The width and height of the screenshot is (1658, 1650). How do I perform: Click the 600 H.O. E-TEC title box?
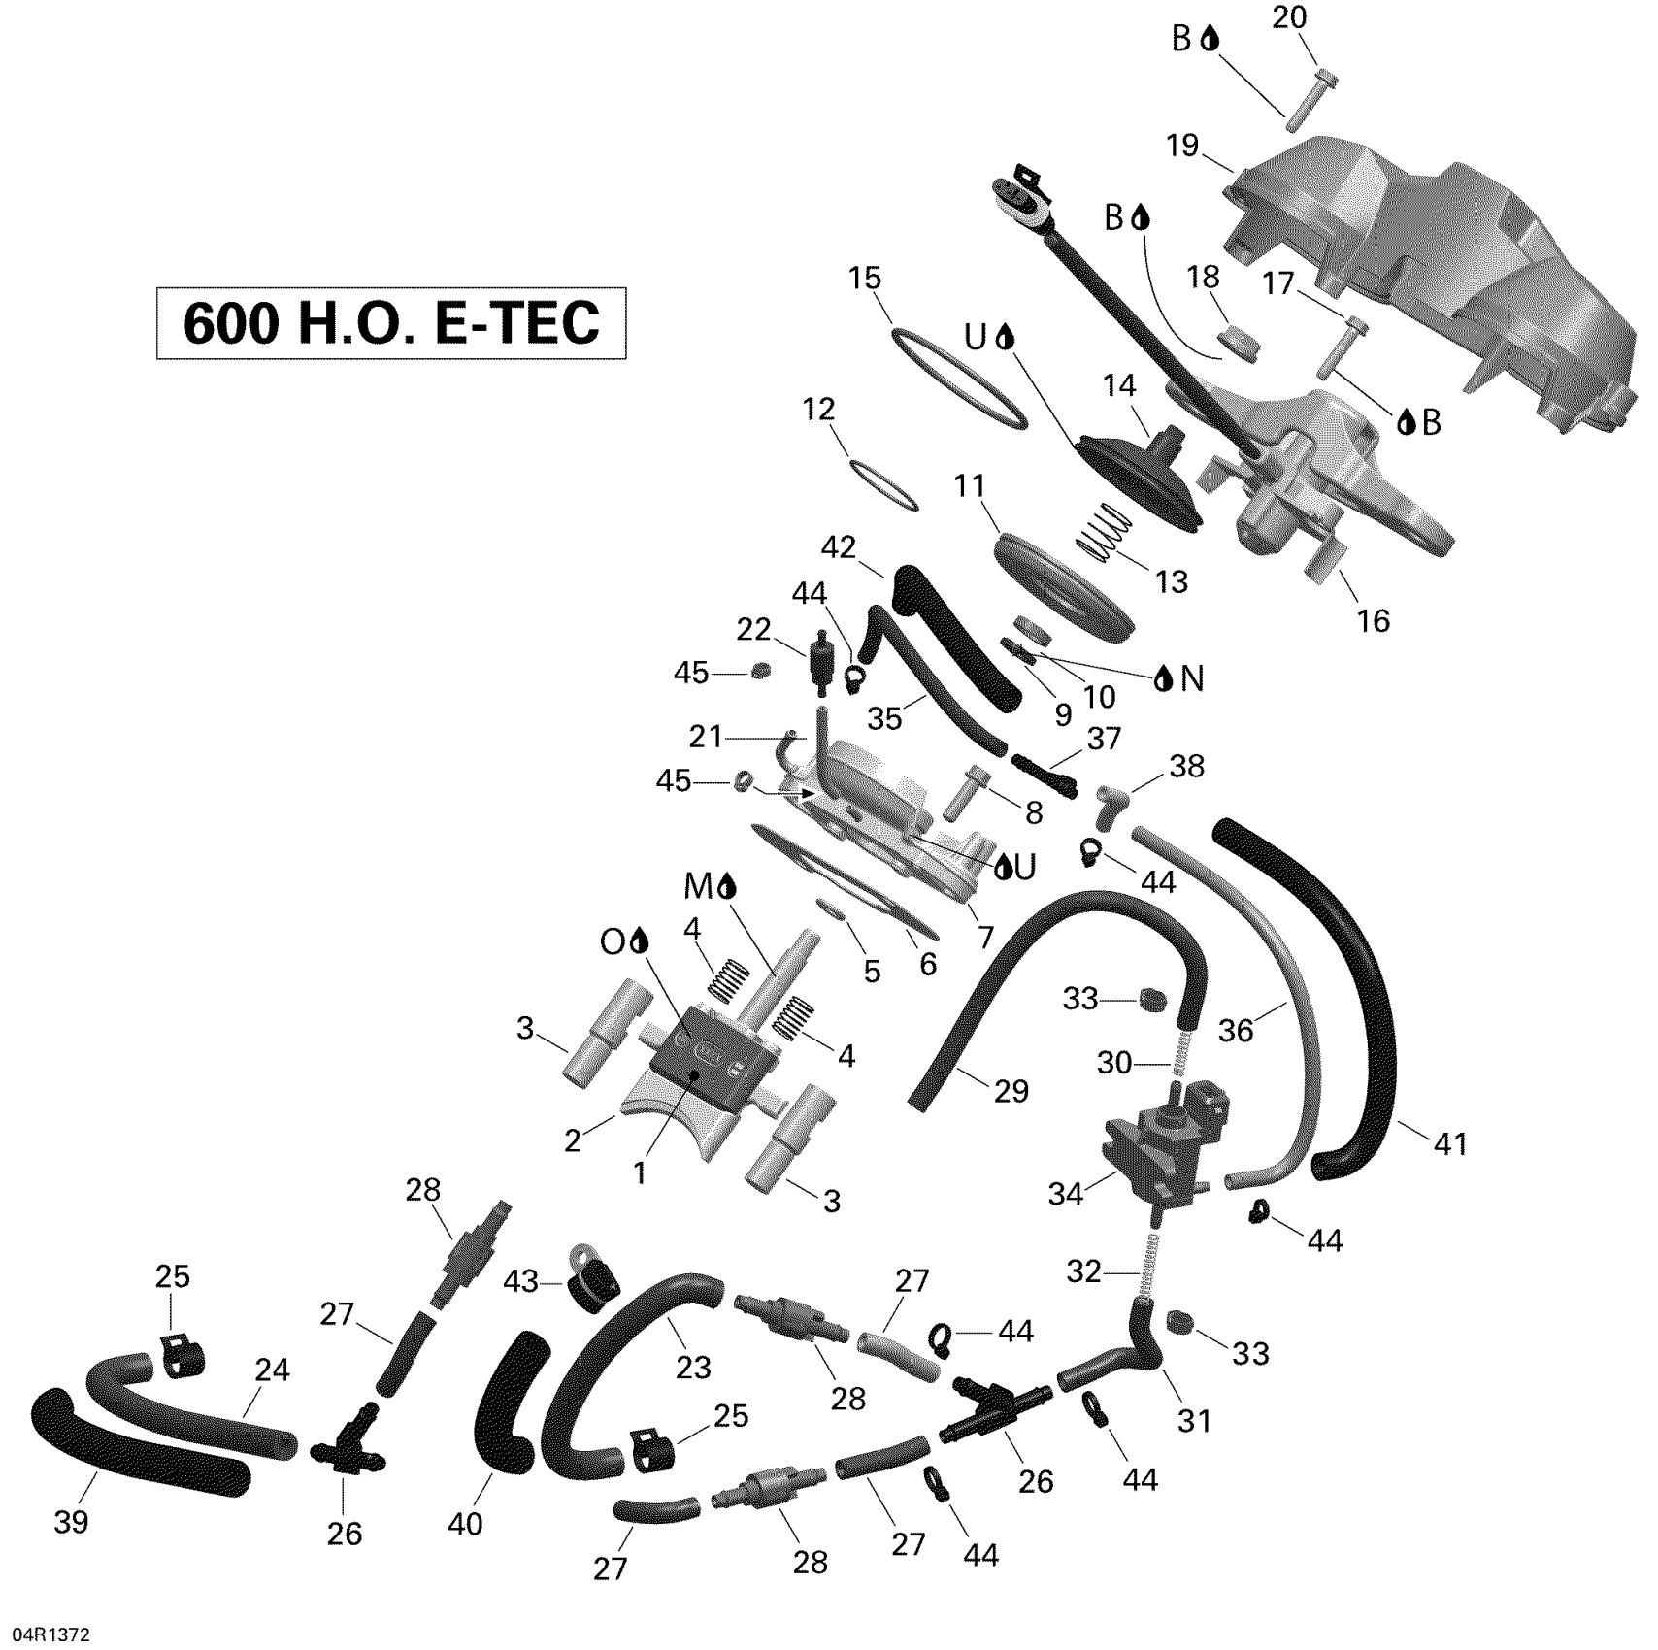391,323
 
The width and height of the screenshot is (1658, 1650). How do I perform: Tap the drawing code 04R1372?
47,1634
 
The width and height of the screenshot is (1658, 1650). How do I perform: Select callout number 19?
1183,146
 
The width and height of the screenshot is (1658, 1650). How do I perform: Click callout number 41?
1451,1144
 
